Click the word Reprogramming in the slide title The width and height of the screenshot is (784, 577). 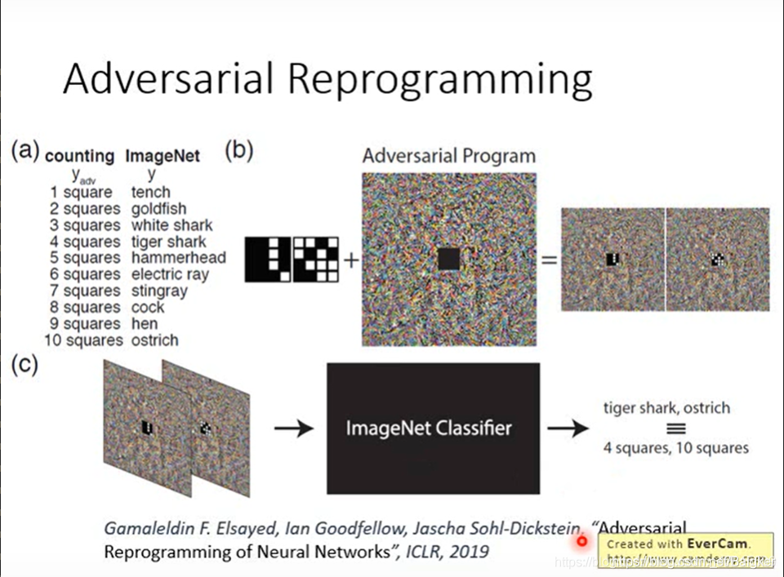(440, 80)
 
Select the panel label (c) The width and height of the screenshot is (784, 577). (24, 365)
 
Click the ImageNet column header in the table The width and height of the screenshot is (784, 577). (163, 156)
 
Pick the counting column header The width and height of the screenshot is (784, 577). (79, 156)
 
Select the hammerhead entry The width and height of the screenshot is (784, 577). (178, 258)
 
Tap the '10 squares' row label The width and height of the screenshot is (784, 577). (82, 340)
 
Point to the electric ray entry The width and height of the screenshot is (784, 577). (170, 274)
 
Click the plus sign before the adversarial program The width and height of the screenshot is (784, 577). (351, 260)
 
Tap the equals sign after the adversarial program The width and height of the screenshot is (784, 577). (549, 260)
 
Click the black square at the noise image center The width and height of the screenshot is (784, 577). (449, 260)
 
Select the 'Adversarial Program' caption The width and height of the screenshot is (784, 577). (449, 156)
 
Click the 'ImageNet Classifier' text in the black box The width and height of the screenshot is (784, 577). (429, 428)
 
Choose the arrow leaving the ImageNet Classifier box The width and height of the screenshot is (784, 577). (568, 428)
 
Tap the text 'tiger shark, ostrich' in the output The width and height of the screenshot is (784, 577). (666, 407)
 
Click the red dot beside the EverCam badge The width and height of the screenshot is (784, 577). (581, 540)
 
